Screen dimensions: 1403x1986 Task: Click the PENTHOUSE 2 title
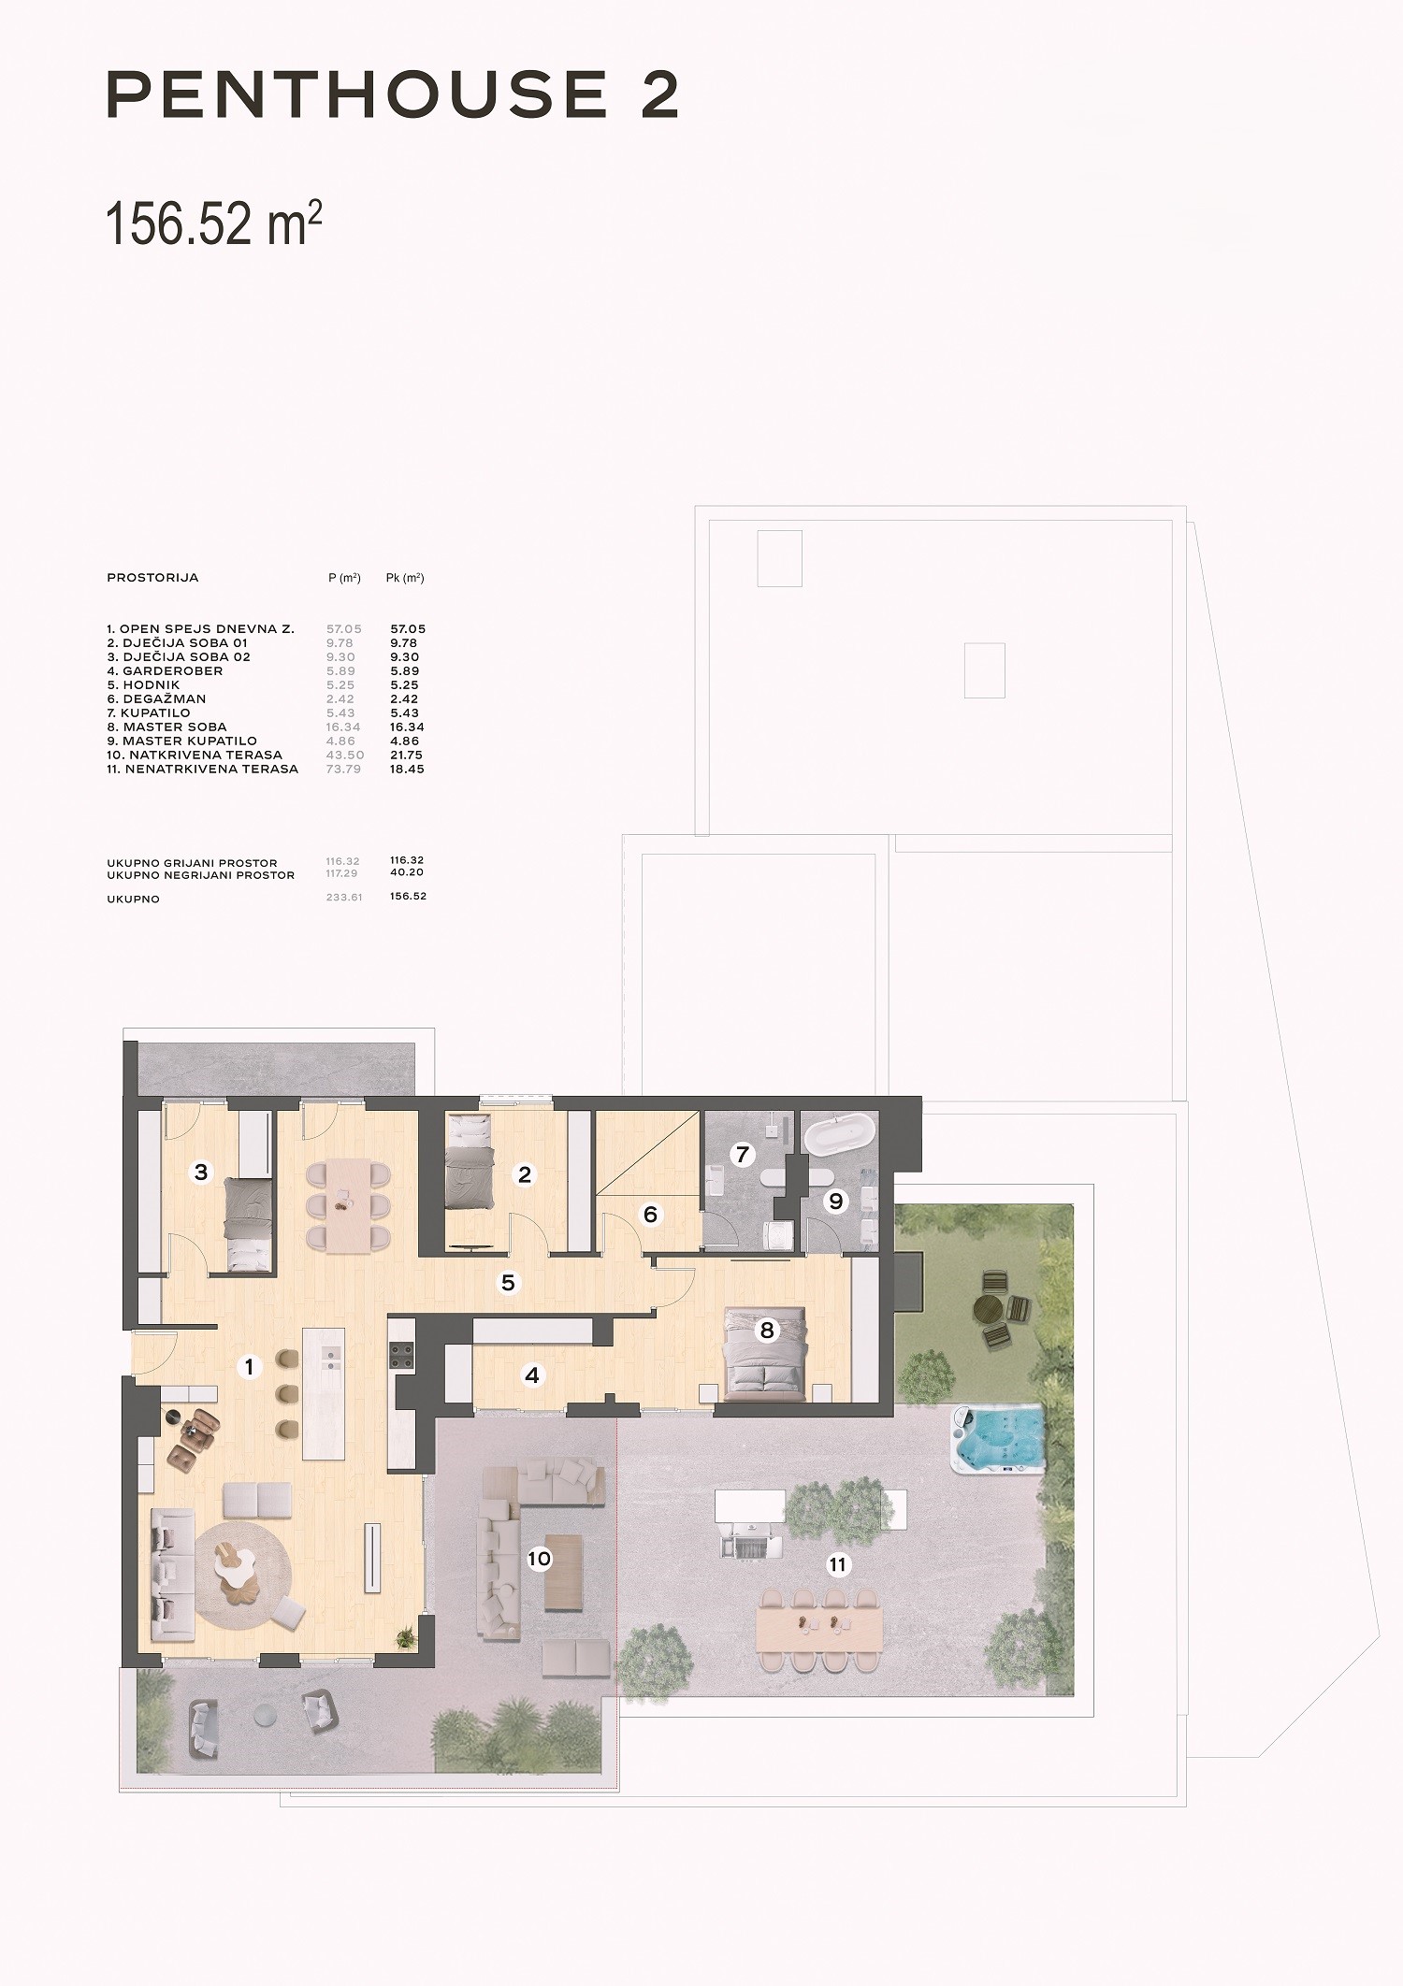pos(393,94)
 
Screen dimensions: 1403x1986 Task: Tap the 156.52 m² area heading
pos(214,224)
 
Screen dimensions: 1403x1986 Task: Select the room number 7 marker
pos(743,1155)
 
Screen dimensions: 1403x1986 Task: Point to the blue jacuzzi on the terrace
pos(997,1438)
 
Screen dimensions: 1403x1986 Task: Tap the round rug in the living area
pos(245,1574)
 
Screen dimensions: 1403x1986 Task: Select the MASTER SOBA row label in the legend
pos(174,727)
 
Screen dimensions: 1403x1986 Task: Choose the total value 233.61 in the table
pos(343,897)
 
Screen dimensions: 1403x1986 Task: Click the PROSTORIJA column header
pos(152,578)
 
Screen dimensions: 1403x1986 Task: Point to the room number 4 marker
pos(532,1375)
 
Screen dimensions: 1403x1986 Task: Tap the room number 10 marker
pos(540,1558)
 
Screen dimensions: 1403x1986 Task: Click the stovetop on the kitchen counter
pos(402,1356)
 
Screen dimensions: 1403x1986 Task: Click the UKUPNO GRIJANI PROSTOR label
pos(193,863)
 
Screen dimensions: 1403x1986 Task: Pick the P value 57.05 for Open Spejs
pos(343,629)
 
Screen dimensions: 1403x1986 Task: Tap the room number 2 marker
pos(525,1174)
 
